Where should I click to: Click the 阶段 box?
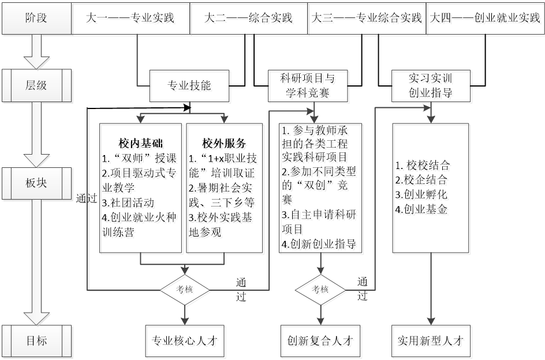(36, 17)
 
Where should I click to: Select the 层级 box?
(36, 85)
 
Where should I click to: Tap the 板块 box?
(36, 182)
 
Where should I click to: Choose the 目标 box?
(36, 341)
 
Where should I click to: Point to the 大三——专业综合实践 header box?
(366, 17)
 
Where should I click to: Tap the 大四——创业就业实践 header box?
(485, 17)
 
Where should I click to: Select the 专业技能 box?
(189, 86)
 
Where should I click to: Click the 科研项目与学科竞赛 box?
(307, 85)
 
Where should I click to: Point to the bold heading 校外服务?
(224, 143)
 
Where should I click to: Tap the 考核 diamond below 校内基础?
(185, 289)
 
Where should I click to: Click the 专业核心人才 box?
(185, 340)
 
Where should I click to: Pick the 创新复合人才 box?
(320, 340)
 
